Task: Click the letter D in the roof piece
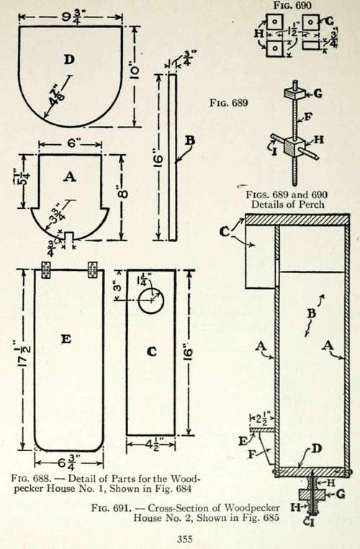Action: click(x=69, y=59)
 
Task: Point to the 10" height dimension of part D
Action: click(x=135, y=70)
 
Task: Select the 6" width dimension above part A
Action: click(x=71, y=143)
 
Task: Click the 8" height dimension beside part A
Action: click(x=123, y=194)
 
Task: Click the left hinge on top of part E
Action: click(x=46, y=269)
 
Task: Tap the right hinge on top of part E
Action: click(x=92, y=269)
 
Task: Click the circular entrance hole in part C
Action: click(x=151, y=300)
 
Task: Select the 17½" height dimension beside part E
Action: click(x=24, y=354)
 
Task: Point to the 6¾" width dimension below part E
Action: click(x=68, y=462)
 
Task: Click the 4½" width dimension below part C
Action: click(x=150, y=445)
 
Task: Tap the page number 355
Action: click(x=185, y=539)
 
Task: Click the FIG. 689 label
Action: click(x=229, y=102)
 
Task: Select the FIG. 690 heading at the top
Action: click(x=292, y=5)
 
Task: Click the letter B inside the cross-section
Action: click(x=311, y=313)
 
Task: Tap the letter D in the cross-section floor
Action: click(x=316, y=449)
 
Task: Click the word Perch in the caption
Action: click(x=310, y=204)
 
